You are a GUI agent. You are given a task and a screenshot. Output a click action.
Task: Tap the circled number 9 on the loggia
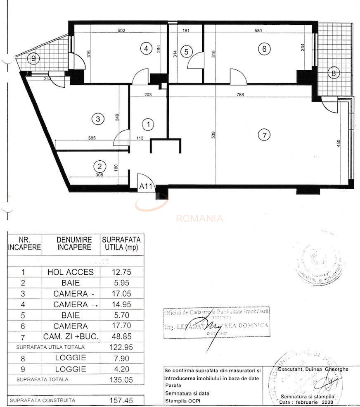point(33,58)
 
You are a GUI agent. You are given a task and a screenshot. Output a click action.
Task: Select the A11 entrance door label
point(146,186)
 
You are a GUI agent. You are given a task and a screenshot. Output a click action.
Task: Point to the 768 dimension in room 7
point(240,95)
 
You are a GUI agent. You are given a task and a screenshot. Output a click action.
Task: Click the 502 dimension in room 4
point(121,30)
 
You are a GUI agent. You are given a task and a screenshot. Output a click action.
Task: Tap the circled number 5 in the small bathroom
point(186,52)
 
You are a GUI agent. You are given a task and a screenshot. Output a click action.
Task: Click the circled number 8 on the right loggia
point(333,74)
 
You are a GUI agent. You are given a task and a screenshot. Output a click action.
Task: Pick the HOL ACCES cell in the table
point(71,272)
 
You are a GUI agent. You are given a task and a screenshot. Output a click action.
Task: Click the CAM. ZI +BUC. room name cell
point(71,337)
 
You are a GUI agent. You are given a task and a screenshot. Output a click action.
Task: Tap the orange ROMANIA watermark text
point(199,219)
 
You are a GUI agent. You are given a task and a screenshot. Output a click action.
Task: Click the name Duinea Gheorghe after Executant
point(324,369)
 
